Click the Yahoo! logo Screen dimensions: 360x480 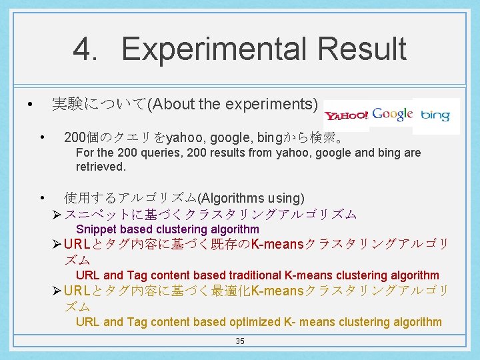pos(346,115)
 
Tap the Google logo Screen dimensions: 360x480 pos(393,114)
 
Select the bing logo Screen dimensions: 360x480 pos(435,115)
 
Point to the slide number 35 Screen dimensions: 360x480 pos(240,341)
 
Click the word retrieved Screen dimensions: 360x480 pos(101,166)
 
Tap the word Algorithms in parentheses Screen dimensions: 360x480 pos(233,198)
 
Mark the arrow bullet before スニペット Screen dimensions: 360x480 pos(56,215)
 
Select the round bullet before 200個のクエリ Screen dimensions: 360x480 pos(42,139)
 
